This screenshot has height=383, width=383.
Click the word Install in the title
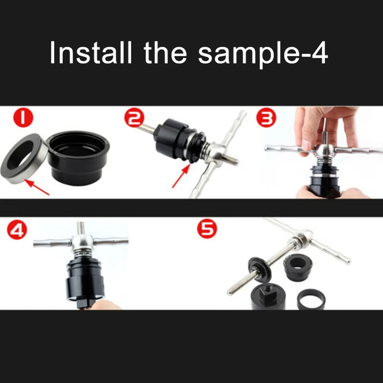click(x=91, y=52)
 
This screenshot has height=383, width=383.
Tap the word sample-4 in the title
click(x=263, y=55)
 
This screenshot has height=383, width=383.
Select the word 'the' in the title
click(x=165, y=52)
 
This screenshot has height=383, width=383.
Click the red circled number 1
click(x=23, y=118)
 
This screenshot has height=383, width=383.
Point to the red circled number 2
click(x=134, y=118)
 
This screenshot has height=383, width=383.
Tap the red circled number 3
click(x=266, y=118)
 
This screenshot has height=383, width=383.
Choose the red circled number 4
click(x=17, y=230)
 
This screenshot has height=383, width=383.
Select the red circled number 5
click(x=207, y=229)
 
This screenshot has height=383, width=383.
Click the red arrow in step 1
click(x=37, y=187)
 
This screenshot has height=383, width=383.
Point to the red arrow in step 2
click(x=181, y=176)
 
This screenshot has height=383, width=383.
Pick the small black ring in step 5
click(x=311, y=299)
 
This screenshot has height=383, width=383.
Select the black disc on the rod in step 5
click(x=260, y=269)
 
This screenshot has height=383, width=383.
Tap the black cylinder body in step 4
click(x=84, y=281)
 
